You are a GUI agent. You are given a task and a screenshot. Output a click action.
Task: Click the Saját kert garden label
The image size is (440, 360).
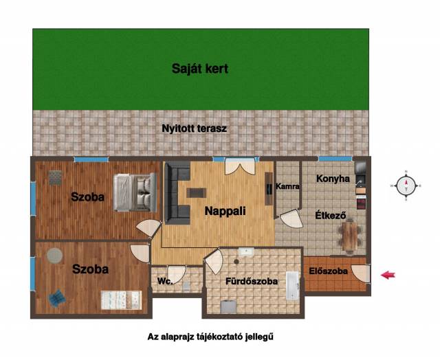200,69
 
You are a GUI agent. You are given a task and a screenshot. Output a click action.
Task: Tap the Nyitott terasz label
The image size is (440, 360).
194,128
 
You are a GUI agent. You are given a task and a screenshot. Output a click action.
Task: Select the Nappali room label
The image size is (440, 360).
225,211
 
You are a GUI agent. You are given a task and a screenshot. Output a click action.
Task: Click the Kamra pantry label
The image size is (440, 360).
287,186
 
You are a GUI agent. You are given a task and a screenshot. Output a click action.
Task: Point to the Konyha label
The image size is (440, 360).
333,179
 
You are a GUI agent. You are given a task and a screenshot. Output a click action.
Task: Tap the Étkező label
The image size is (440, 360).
331,215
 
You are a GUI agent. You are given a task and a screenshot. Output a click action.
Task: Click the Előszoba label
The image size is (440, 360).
329,271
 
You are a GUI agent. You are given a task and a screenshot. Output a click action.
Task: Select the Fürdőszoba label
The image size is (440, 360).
252,281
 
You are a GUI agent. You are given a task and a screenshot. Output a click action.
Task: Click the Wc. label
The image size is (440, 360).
165,281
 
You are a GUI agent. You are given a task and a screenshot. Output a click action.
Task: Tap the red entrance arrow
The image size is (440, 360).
388,275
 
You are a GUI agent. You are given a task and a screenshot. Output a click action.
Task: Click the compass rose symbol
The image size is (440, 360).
406,185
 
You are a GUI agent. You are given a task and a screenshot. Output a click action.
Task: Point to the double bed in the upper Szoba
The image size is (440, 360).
135,192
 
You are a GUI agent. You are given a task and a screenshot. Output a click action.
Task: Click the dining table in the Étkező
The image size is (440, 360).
350,236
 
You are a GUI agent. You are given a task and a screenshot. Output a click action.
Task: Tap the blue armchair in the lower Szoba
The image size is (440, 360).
57,298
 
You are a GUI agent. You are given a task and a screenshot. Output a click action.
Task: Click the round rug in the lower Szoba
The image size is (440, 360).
54,256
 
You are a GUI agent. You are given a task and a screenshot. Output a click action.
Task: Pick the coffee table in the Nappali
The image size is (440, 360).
197,193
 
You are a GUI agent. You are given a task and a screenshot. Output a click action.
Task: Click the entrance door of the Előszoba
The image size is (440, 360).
360,273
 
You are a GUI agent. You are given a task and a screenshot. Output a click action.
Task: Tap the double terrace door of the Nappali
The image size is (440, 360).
240,166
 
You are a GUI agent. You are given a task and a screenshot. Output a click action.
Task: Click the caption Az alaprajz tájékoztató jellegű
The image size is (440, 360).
210,337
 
